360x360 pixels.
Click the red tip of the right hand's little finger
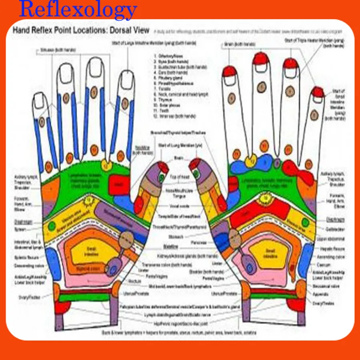(x=318, y=92)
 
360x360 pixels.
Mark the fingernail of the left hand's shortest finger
(x=39, y=102)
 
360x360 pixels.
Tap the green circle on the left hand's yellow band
(x=52, y=226)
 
